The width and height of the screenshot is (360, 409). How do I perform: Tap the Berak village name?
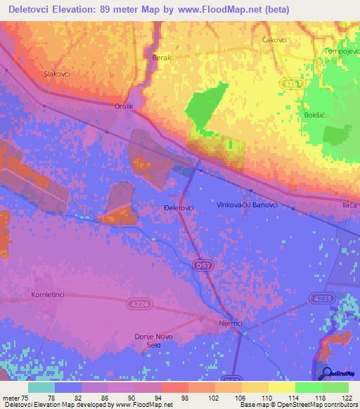tap(162, 59)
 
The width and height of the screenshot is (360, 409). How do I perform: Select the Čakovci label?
tap(274, 40)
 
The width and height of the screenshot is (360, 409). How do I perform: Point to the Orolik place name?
tap(124, 106)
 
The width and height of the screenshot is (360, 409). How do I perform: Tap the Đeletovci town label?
tap(178, 208)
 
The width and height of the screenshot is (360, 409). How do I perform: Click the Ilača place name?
tap(349, 204)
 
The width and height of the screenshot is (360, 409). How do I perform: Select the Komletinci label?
tap(48, 295)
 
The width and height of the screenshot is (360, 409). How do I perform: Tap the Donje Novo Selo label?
tap(153, 341)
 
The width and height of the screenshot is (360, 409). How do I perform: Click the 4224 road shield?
tap(139, 304)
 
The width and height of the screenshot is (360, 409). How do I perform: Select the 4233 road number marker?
tap(321, 299)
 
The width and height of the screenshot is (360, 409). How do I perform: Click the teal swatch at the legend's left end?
tap(41, 387)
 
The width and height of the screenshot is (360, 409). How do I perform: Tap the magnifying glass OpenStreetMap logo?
tap(326, 372)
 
